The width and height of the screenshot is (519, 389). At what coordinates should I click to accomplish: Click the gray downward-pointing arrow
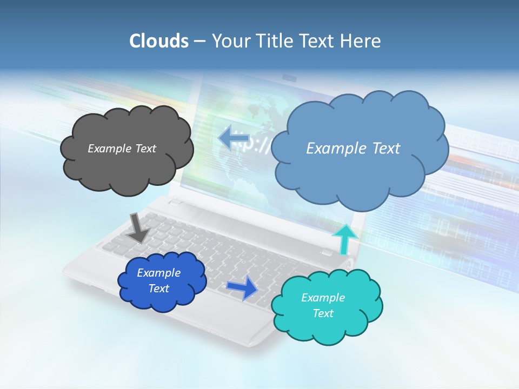coord(139,227)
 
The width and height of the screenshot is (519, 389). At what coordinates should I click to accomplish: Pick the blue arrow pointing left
coord(232,138)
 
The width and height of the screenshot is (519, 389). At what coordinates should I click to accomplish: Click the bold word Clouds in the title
coord(158,41)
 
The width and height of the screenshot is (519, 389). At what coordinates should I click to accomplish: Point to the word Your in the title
coord(228,41)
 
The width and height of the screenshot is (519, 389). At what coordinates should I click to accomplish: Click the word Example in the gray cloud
coord(109,148)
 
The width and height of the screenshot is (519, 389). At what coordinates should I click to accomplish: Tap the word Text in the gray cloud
coord(145,148)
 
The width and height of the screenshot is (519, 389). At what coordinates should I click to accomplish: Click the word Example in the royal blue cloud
coord(158,273)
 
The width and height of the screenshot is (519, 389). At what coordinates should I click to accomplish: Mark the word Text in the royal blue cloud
coord(158,289)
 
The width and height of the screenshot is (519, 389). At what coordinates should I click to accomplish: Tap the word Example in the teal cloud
coord(323,298)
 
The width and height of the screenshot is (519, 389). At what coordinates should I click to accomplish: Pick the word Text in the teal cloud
coord(323,313)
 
